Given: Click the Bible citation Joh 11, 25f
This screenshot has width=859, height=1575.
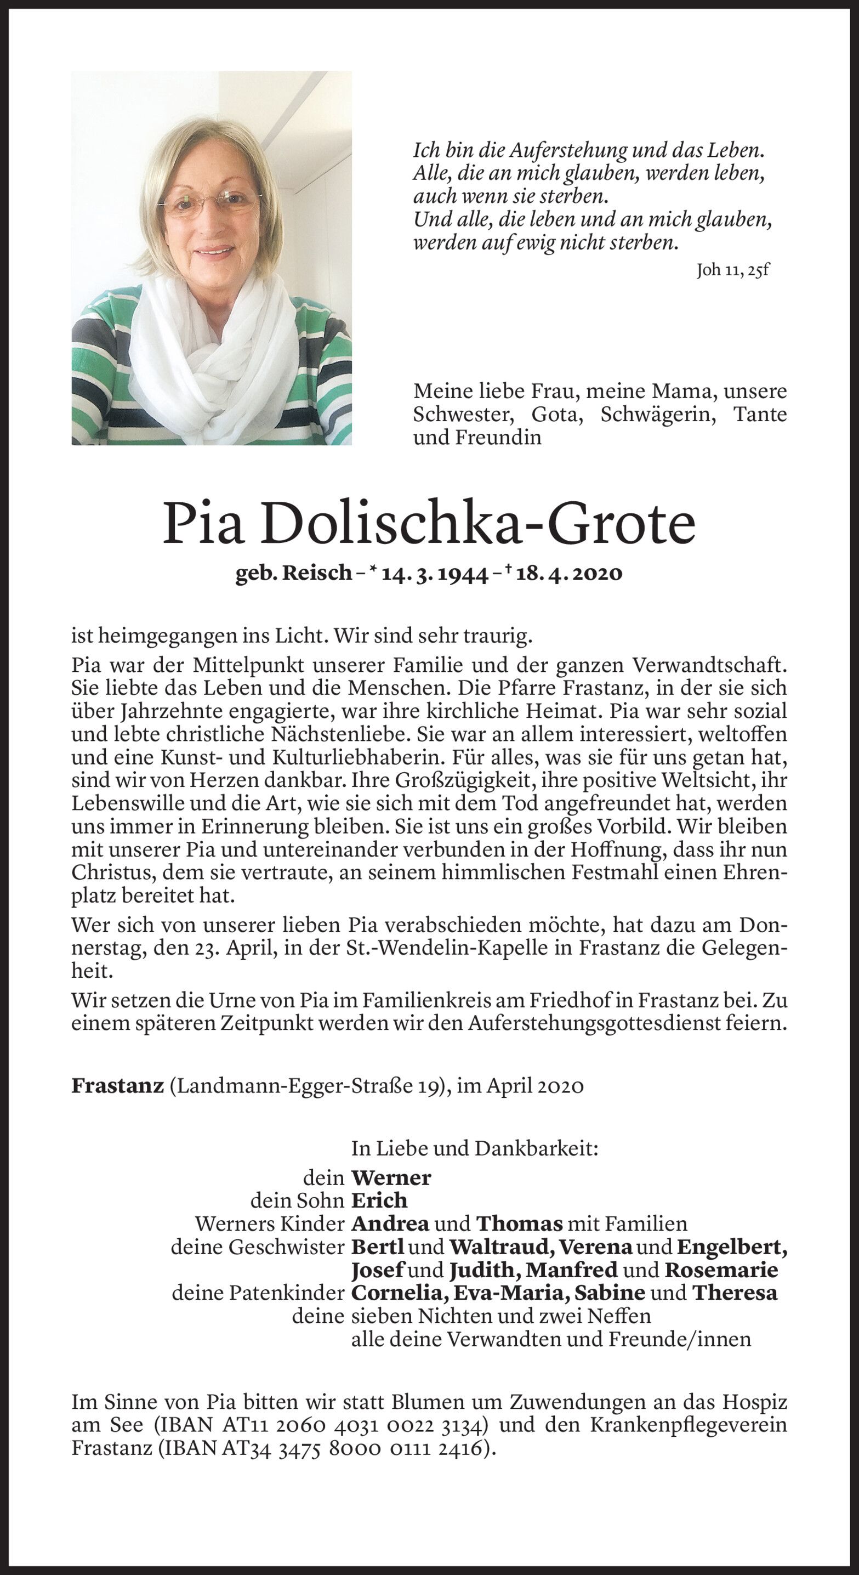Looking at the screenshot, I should point(732,271).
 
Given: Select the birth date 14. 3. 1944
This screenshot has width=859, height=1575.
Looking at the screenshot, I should point(435,574).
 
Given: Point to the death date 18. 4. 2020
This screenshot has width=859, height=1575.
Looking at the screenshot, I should point(569,574).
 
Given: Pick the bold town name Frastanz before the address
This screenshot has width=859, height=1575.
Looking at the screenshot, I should point(117,1085).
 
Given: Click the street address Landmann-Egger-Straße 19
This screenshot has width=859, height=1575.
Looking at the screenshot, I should point(306,1085).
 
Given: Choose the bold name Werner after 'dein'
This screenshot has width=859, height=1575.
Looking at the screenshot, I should point(391,1177).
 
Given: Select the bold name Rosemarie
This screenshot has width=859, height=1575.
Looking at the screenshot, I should point(721,1270).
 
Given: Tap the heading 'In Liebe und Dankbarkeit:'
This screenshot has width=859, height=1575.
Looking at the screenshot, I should point(474,1149).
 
